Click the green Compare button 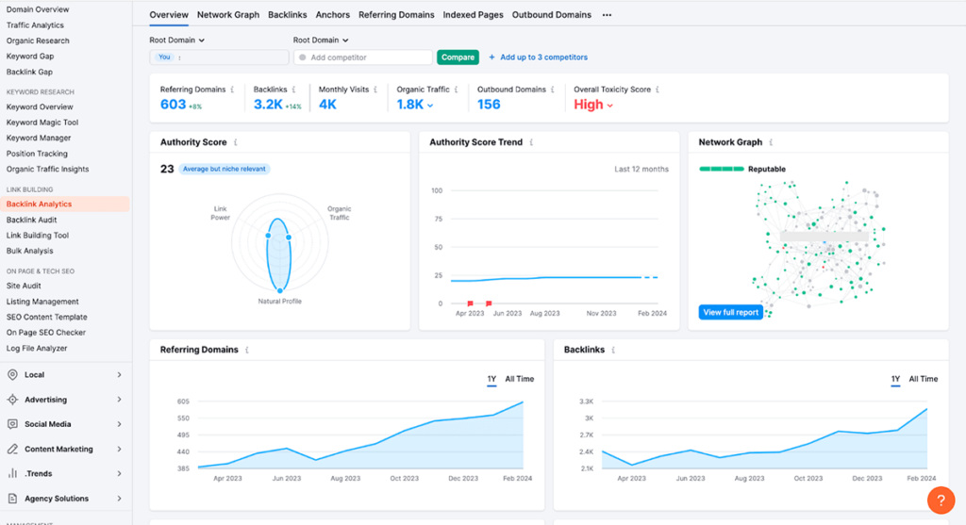pos(458,57)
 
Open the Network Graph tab pos(227,15)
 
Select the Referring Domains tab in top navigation pos(396,15)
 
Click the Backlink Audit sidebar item pos(32,220)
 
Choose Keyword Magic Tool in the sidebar pos(42,123)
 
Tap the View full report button pos(731,312)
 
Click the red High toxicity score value pos(589,105)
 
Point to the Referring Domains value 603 pos(174,105)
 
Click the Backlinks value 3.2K pos(268,105)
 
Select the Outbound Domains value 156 pos(489,105)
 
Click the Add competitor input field pos(363,57)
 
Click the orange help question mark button pos(941,500)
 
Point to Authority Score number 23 pos(167,169)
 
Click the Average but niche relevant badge pos(225,169)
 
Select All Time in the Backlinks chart pos(923,379)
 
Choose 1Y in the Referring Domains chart pos(491,379)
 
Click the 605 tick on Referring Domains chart pos(182,402)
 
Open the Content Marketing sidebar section pos(58,450)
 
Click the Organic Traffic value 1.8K pos(410,105)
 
